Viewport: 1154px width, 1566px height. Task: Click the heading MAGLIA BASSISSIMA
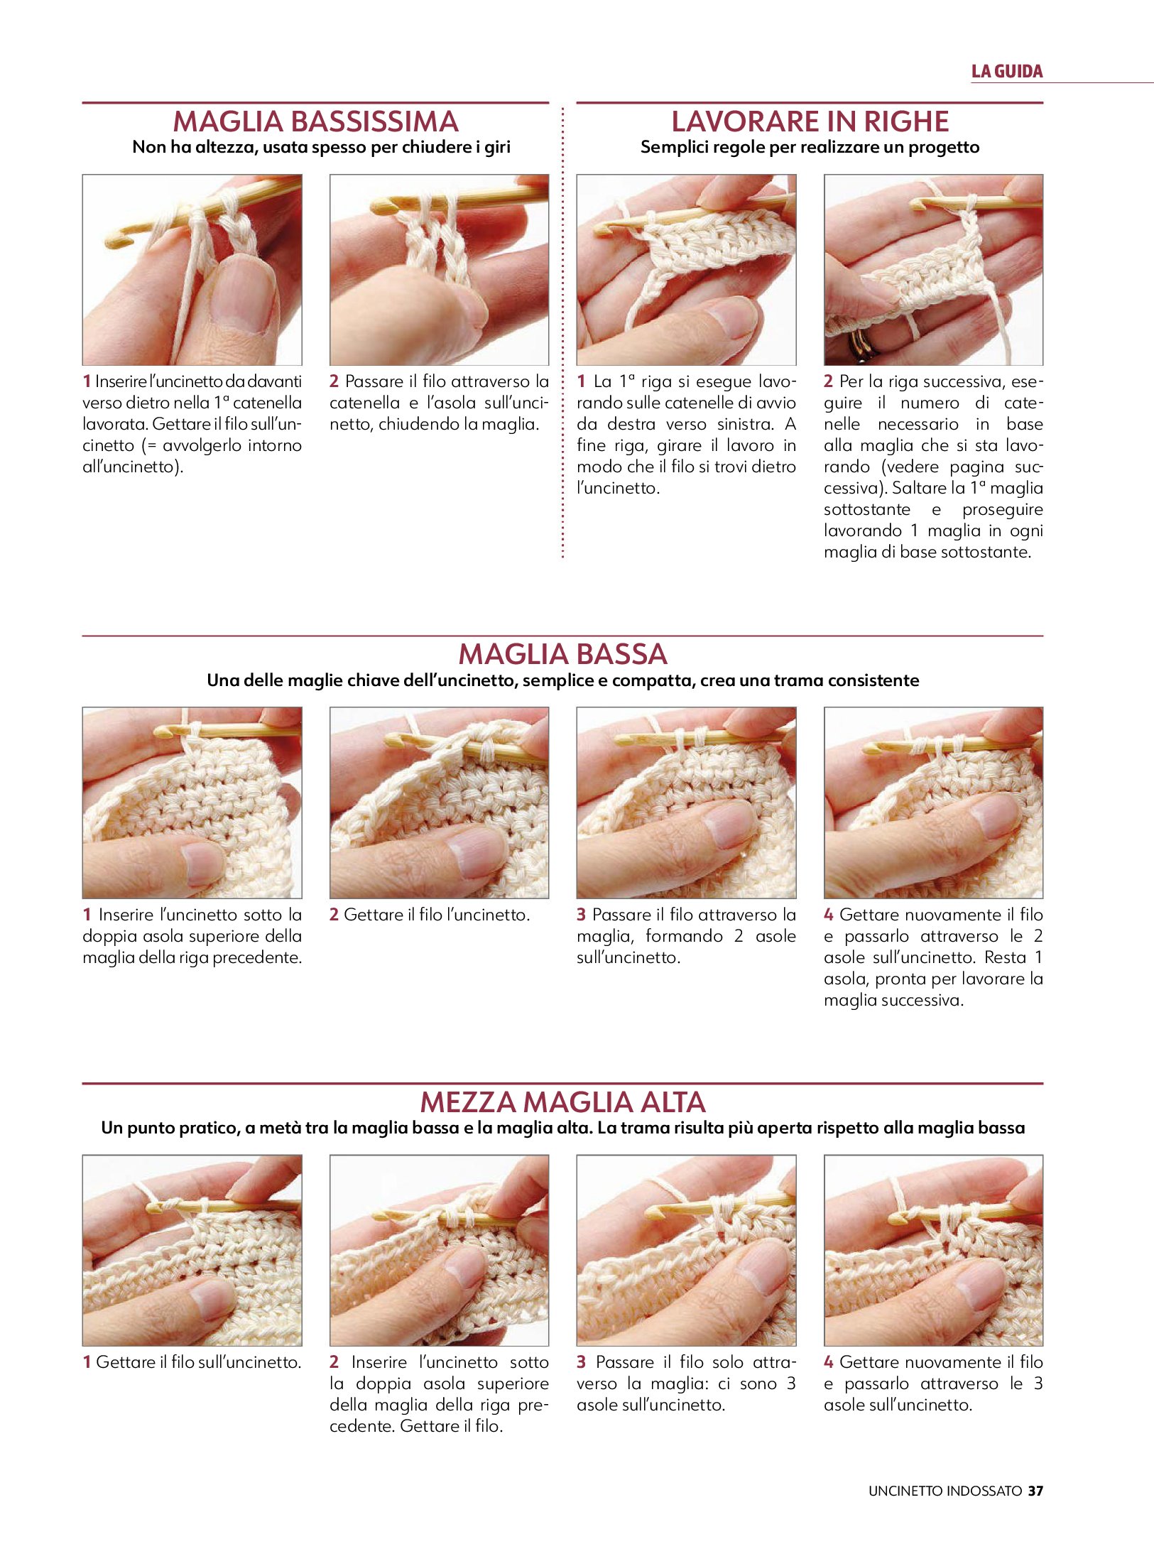coord(315,121)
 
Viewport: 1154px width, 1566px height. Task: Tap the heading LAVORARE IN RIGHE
coord(810,121)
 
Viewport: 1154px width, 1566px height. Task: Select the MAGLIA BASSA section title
coord(562,654)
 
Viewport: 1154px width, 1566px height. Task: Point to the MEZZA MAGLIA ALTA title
coord(562,1102)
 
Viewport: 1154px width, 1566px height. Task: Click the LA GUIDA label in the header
coord(1007,71)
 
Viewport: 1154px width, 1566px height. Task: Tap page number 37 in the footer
coord(1036,1491)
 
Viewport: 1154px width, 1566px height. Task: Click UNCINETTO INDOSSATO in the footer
coord(945,1491)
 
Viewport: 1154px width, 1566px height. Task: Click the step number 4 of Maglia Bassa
coord(828,915)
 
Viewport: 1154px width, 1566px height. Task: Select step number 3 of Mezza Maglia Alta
coord(581,1362)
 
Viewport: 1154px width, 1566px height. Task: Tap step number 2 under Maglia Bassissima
coord(334,381)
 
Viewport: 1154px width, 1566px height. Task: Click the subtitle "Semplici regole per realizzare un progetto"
coord(810,147)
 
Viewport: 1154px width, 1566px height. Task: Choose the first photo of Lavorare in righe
coord(686,270)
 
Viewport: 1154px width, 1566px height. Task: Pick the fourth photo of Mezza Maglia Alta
coord(933,1251)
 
